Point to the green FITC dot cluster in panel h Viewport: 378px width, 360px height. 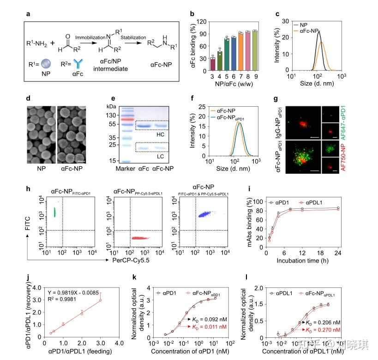54,212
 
